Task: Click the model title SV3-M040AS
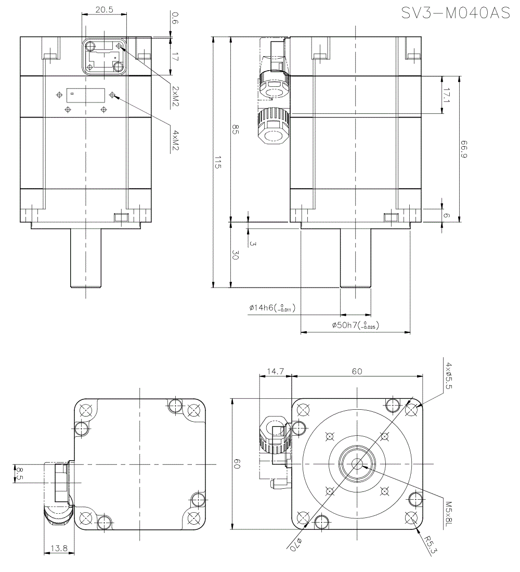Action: (x=456, y=14)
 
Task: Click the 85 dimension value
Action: (x=235, y=131)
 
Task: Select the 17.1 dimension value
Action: (x=446, y=95)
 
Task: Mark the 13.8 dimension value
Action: (x=59, y=548)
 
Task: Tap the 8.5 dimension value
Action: (x=19, y=474)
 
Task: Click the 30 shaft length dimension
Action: (x=235, y=255)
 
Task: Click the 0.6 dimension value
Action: (x=174, y=20)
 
